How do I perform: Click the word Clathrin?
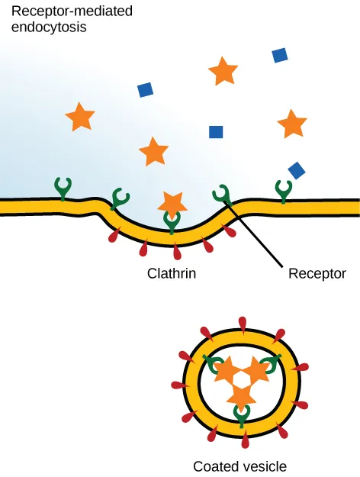click(172, 272)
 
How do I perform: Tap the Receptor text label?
click(317, 272)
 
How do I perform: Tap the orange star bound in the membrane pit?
click(172, 203)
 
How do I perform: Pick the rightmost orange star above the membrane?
click(291, 124)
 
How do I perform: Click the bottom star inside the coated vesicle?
click(241, 398)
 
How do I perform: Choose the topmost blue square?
click(280, 55)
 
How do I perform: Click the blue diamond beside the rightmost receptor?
click(297, 169)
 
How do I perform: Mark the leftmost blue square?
click(146, 90)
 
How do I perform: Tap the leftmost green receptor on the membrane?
click(63, 188)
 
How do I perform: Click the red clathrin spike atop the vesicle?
click(241, 323)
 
